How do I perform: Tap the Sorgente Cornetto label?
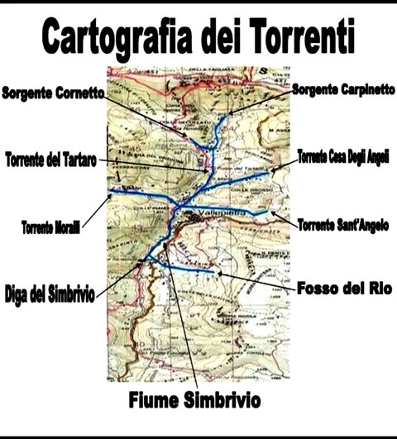point(52,93)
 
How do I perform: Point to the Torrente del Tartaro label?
point(50,157)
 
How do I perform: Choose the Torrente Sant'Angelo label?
point(342,225)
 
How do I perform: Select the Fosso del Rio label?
point(342,289)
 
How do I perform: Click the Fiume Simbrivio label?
point(194,402)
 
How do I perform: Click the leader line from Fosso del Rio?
point(256,280)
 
